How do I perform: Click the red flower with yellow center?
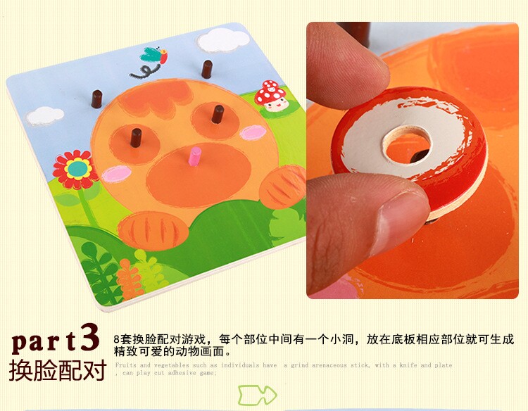click(74, 169)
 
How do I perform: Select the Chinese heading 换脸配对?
click(58, 371)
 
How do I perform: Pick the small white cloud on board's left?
click(44, 114)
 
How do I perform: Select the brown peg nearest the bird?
click(207, 69)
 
